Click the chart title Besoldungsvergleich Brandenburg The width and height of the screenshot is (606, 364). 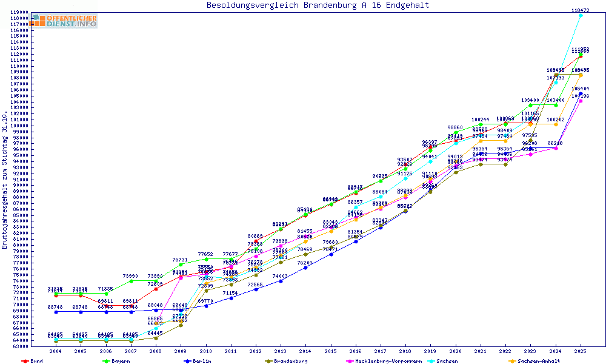tap(318, 5)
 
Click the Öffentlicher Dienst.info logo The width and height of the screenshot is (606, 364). tap(64, 21)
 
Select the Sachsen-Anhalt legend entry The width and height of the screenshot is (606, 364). tap(534, 361)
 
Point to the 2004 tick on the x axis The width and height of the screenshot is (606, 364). tap(56, 351)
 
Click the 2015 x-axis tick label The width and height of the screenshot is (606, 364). tap(330, 351)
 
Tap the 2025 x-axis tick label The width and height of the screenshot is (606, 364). tap(581, 351)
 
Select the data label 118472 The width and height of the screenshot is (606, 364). tap(581, 10)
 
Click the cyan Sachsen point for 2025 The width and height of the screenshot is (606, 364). tap(581, 15)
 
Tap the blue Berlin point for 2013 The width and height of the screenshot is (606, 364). tap(281, 281)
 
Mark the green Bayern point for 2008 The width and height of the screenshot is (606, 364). tap(156, 281)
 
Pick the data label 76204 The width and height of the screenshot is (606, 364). tap(305, 263)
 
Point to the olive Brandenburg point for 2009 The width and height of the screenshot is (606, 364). tap(181, 325)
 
